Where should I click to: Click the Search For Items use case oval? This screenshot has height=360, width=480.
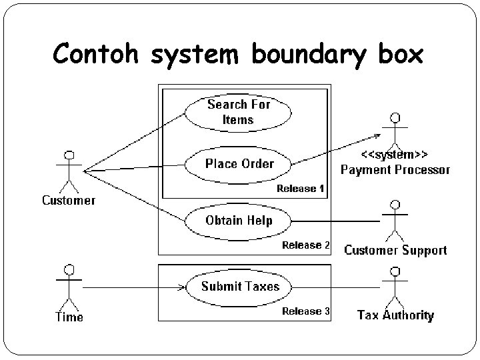point(238,112)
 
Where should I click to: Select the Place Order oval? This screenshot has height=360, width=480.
point(239,163)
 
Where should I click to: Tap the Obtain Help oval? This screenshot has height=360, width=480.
point(238,221)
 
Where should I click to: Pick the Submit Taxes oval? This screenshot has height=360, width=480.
point(240,287)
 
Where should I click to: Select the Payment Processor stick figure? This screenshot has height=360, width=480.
point(395,131)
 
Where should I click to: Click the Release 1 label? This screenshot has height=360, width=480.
point(300,189)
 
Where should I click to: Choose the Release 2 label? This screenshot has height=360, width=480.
point(305,245)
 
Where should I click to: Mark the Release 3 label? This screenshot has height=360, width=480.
point(305,311)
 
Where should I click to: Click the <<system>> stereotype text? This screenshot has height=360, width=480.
point(395,155)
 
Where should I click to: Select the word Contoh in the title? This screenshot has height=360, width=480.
point(98,54)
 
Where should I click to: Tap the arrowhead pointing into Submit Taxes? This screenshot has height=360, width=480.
point(181,287)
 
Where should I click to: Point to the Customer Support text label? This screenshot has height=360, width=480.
point(395,251)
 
